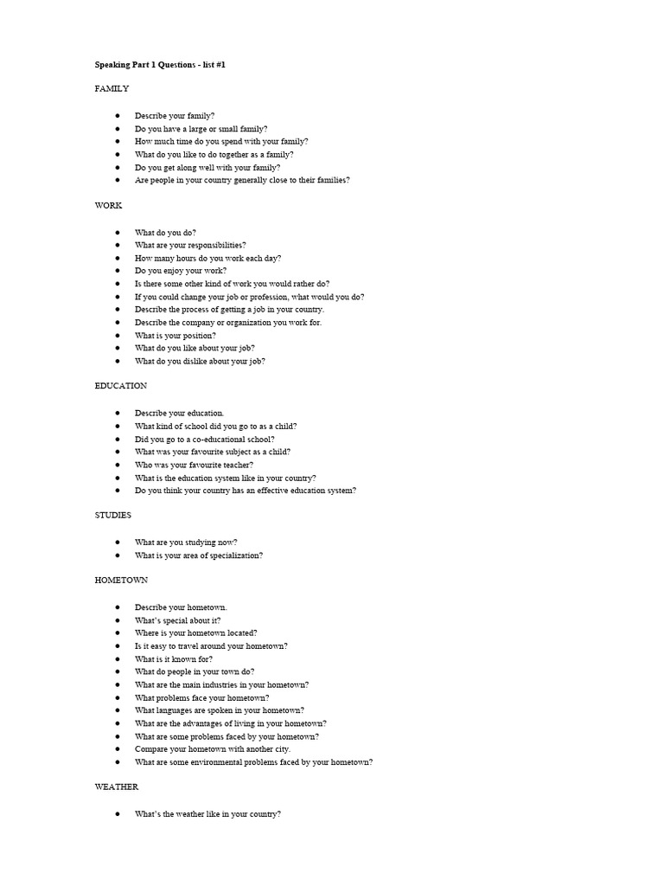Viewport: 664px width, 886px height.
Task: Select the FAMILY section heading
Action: (x=112, y=88)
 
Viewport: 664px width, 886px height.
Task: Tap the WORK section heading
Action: (x=108, y=206)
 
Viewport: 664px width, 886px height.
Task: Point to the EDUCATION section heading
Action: (x=121, y=386)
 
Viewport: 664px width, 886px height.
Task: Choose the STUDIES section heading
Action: (x=113, y=515)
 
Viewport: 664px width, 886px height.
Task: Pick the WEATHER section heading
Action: (x=117, y=786)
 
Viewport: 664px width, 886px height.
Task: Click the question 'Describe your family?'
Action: (x=175, y=115)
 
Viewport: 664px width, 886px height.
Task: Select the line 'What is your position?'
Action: (x=176, y=335)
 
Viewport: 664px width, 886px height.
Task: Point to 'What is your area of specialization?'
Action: (x=199, y=555)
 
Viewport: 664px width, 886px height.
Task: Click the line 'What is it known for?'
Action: (x=174, y=658)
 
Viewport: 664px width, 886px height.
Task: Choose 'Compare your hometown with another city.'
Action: (x=213, y=748)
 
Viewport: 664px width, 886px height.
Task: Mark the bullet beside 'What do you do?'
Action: (x=117, y=232)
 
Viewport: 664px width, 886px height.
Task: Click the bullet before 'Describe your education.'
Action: (x=117, y=413)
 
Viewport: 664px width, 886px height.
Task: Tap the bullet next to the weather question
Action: (x=117, y=814)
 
